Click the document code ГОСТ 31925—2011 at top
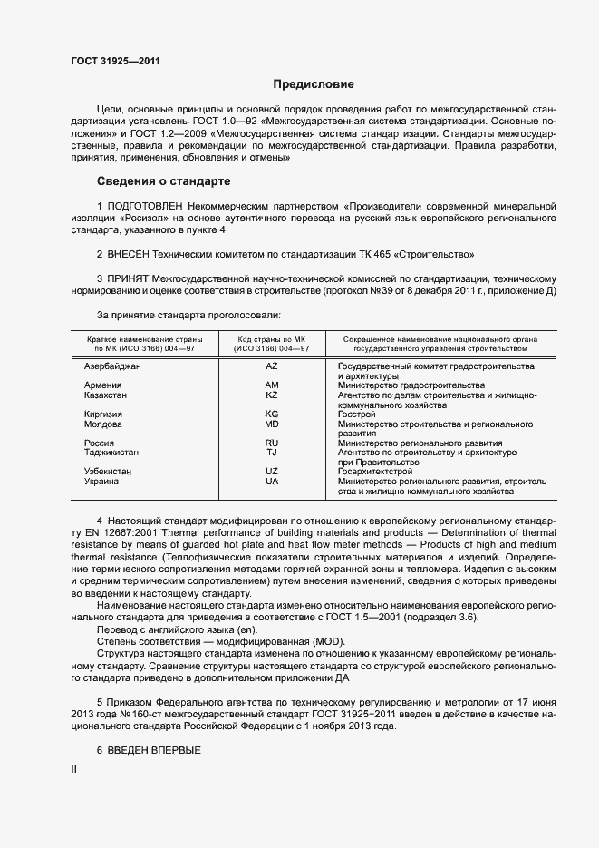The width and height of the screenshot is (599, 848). [110, 62]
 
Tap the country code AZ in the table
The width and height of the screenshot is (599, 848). [272, 366]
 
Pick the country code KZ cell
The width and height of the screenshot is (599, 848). [272, 395]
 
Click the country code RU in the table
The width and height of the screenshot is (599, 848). [272, 443]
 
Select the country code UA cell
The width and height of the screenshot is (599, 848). [272, 481]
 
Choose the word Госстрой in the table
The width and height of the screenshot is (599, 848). [356, 414]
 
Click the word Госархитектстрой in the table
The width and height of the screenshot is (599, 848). [375, 472]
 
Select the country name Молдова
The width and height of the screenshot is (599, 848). [97, 424]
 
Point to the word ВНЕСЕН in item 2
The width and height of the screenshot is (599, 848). [135, 255]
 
